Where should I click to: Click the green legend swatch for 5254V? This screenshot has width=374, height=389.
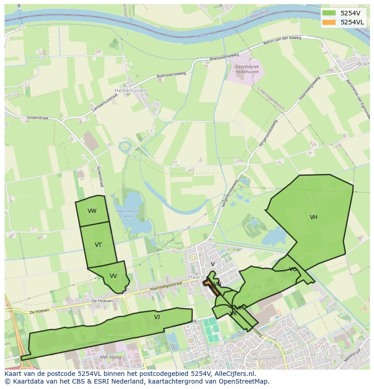coord(329,13)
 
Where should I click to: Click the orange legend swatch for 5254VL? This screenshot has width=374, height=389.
coord(329,22)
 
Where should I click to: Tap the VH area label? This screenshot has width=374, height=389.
coord(313,217)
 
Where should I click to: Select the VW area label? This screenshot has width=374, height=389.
coord(92,211)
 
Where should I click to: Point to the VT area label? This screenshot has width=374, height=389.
coord(98,245)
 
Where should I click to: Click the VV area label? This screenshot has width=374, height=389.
coord(113,276)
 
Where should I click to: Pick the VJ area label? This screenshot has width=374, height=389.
coord(157,317)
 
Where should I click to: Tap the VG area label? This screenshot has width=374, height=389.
coord(293,269)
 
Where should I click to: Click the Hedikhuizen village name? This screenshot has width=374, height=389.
coord(131,90)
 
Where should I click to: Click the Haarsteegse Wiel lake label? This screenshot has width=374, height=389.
coord(128,213)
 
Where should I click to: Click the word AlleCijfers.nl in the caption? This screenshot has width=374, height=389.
coord(234,374)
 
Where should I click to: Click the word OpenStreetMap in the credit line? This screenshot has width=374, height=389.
coord(245,381)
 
